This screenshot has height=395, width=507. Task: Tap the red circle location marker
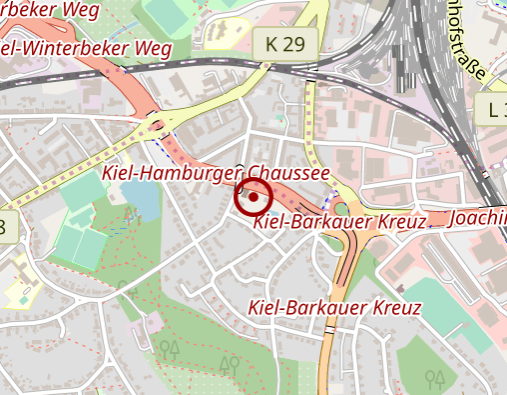[253, 197]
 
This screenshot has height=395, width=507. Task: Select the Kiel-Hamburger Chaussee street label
[216, 174]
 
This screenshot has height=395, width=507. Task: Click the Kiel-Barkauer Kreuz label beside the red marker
[339, 221]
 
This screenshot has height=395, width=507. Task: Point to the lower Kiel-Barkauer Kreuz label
[333, 309]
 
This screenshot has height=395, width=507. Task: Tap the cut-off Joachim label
[479, 217]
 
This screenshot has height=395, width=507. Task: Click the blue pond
[143, 202]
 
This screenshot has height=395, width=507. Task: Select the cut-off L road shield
[497, 110]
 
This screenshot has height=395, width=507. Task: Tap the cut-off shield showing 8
[4, 227]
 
